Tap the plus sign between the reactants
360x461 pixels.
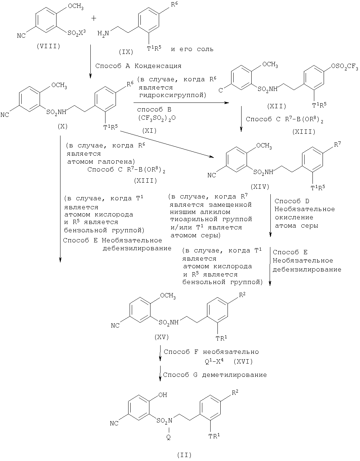pos(94,18)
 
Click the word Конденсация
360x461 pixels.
pos(158,66)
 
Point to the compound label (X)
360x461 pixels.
pos(62,127)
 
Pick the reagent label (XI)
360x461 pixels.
pos(149,131)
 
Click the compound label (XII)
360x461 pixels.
pos(276,106)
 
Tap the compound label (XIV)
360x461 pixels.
pos(260,187)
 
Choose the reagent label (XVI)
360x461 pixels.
pos(243,361)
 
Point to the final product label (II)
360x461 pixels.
pos(184,454)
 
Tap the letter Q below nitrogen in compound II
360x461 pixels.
pos(168,437)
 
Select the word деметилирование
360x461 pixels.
pos(234,375)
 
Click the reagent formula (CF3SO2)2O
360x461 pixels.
pos(157,118)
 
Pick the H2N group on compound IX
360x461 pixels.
pos(103,33)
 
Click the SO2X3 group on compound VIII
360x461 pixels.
pos(76,33)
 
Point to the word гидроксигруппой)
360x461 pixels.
pos(173,95)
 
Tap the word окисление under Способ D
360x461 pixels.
pos(294,217)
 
